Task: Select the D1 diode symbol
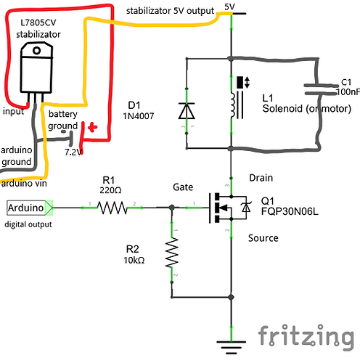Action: tap(187, 111)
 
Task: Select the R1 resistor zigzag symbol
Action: tap(112, 208)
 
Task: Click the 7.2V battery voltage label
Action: tap(74, 152)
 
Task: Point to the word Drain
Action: tap(260, 177)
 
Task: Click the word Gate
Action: tap(183, 187)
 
